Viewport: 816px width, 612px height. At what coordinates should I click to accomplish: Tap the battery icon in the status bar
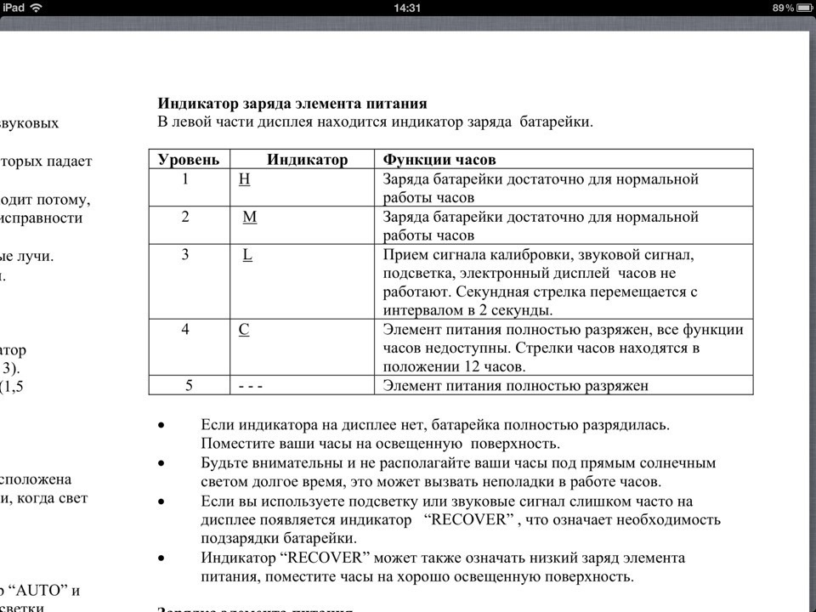click(x=800, y=7)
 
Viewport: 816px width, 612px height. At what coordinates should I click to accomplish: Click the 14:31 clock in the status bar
click(x=408, y=7)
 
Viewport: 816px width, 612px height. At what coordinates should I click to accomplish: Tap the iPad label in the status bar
click(x=13, y=7)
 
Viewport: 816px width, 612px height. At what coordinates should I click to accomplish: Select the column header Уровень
click(x=189, y=160)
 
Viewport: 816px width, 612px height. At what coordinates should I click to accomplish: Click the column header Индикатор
click(x=307, y=160)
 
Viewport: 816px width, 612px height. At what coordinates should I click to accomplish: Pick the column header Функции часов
click(x=439, y=160)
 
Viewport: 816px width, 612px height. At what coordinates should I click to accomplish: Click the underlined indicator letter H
click(x=245, y=179)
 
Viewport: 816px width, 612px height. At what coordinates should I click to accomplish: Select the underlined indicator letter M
click(x=249, y=217)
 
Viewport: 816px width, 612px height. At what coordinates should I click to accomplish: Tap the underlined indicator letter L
click(x=247, y=254)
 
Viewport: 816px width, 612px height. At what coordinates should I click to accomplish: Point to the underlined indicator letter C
click(x=244, y=329)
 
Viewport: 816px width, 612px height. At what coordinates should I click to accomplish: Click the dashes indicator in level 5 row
click(x=251, y=386)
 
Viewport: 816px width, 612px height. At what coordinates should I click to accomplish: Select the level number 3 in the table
click(x=185, y=254)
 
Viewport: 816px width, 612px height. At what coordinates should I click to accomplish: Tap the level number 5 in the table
click(x=190, y=386)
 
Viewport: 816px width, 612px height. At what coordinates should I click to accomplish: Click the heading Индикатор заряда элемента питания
click(x=292, y=105)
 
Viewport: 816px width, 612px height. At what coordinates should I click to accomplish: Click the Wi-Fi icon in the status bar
click(x=37, y=7)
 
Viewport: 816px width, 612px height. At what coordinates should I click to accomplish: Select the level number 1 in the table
click(x=185, y=179)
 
